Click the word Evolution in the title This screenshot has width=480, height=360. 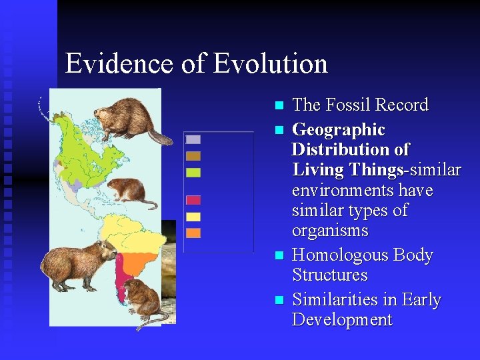271,64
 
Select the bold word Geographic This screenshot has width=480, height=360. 339,129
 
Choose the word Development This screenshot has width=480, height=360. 342,320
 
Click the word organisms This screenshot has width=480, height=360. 330,231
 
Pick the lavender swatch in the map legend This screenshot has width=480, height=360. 193,140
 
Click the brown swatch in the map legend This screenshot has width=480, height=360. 193,156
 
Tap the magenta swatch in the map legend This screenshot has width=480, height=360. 193,200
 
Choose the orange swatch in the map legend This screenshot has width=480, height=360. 193,233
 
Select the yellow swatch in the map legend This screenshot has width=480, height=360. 193,217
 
